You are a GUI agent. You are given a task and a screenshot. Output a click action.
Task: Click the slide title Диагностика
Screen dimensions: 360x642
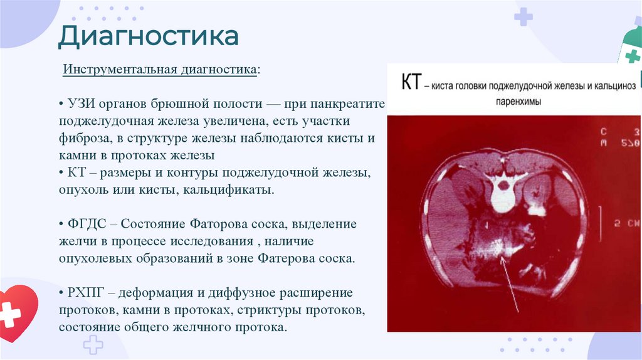(149, 36)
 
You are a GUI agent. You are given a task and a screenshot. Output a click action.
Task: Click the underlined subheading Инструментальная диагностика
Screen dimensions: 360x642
(160, 69)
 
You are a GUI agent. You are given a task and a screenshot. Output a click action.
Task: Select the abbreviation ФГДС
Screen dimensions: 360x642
(82, 224)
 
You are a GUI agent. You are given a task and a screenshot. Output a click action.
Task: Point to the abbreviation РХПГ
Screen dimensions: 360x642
(82, 293)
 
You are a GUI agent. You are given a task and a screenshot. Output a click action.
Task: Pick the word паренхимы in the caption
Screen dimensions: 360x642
(512, 100)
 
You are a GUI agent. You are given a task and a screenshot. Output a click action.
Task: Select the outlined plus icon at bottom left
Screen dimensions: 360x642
(93, 344)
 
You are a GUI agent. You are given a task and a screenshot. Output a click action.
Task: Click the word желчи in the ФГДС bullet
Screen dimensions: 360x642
(78, 241)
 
